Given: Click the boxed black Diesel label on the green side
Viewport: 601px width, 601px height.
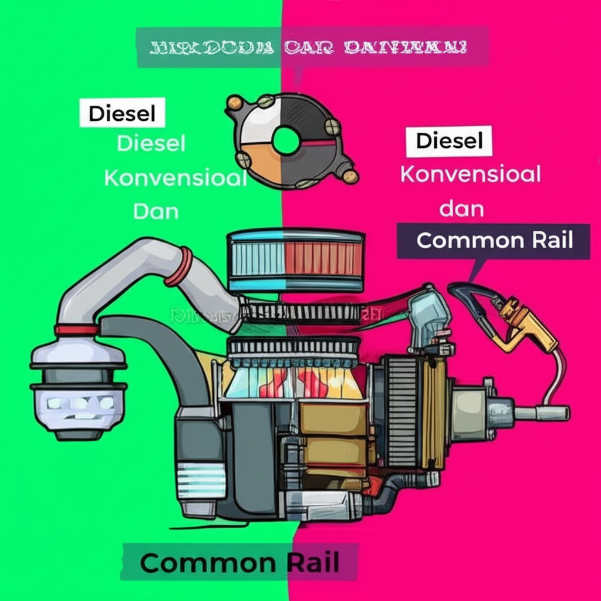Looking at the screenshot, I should point(122,113).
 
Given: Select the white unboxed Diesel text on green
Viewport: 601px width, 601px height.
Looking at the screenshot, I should point(151,143).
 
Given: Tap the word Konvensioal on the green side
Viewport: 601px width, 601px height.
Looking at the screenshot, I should point(175,178).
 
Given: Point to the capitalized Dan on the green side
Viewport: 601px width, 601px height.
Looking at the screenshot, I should point(156,211).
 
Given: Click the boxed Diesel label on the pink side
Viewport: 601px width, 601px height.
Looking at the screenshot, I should point(449,141).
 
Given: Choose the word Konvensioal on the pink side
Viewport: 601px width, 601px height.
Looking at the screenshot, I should point(470,174).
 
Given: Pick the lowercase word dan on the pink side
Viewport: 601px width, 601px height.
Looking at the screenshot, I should point(461,208).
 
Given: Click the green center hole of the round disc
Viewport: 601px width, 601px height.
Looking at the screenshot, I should point(286,141).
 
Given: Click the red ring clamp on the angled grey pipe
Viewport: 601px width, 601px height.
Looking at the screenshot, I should point(179,266).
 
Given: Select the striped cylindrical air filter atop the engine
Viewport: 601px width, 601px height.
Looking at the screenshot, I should point(295,260).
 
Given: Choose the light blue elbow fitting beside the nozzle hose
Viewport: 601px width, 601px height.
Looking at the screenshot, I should point(428,317).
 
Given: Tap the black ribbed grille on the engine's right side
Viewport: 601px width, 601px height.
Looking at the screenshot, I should point(402,411).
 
